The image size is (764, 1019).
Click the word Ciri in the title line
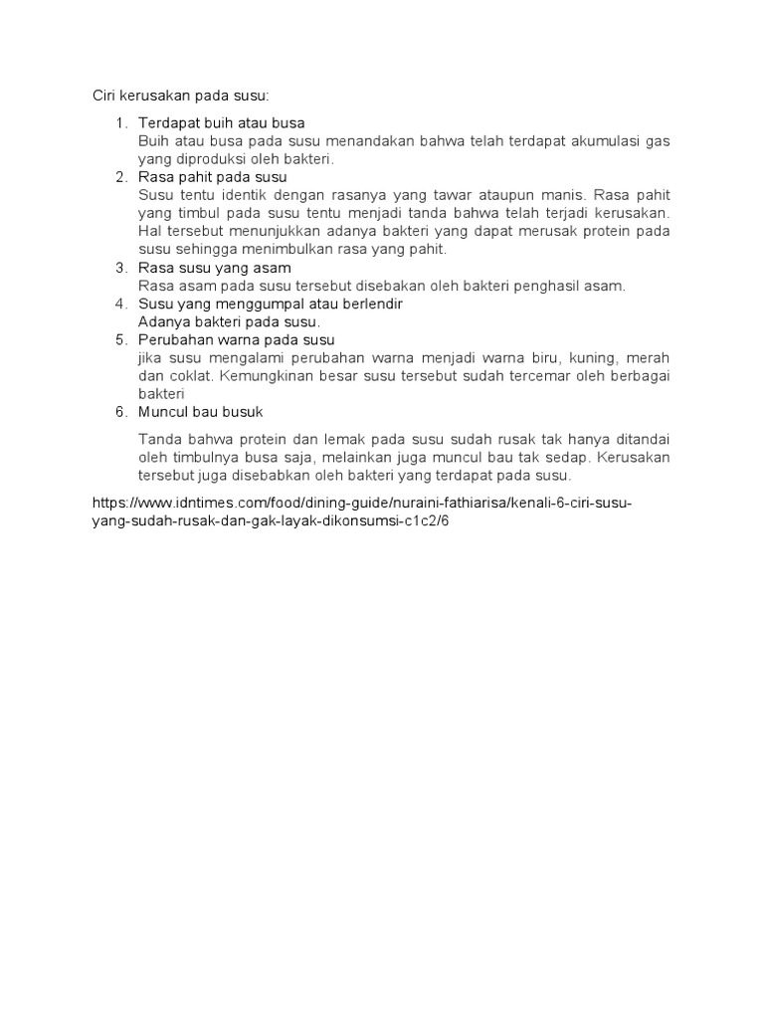[105, 96]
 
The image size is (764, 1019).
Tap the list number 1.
[120, 123]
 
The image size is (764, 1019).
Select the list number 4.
[120, 304]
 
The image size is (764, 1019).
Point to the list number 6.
[120, 412]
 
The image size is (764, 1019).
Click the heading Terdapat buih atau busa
[221, 123]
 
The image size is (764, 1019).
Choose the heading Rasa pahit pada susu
[212, 177]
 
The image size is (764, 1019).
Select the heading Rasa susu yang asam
[214, 268]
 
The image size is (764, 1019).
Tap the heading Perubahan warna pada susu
[236, 340]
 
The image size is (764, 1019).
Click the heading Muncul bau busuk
[201, 412]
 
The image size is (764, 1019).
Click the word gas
[658, 141]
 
